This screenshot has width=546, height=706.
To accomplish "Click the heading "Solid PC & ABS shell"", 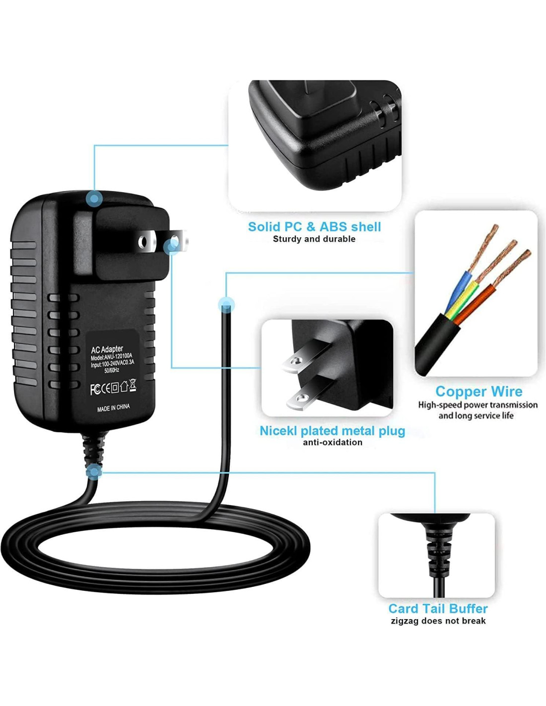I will [314, 227].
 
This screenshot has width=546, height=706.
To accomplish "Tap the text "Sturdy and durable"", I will [314, 239].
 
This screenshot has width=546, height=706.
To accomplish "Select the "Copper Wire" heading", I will [478, 392].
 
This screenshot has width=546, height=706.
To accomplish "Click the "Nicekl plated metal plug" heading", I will [332, 431].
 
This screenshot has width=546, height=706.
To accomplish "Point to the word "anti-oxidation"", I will [333, 442].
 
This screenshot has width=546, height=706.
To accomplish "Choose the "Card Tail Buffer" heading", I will [438, 609].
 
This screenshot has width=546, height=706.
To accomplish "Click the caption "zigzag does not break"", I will [438, 621].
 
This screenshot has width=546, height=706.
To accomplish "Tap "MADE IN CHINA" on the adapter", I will [113, 408].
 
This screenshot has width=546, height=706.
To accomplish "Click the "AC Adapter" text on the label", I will [107, 350].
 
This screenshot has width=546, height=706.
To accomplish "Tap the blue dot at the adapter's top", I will [94, 199].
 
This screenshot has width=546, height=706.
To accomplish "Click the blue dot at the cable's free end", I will [226, 304].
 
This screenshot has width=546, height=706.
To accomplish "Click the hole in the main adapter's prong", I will [143, 242].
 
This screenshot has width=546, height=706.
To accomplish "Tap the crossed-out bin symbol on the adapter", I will [133, 385].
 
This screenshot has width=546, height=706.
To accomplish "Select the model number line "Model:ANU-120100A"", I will [112, 357].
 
